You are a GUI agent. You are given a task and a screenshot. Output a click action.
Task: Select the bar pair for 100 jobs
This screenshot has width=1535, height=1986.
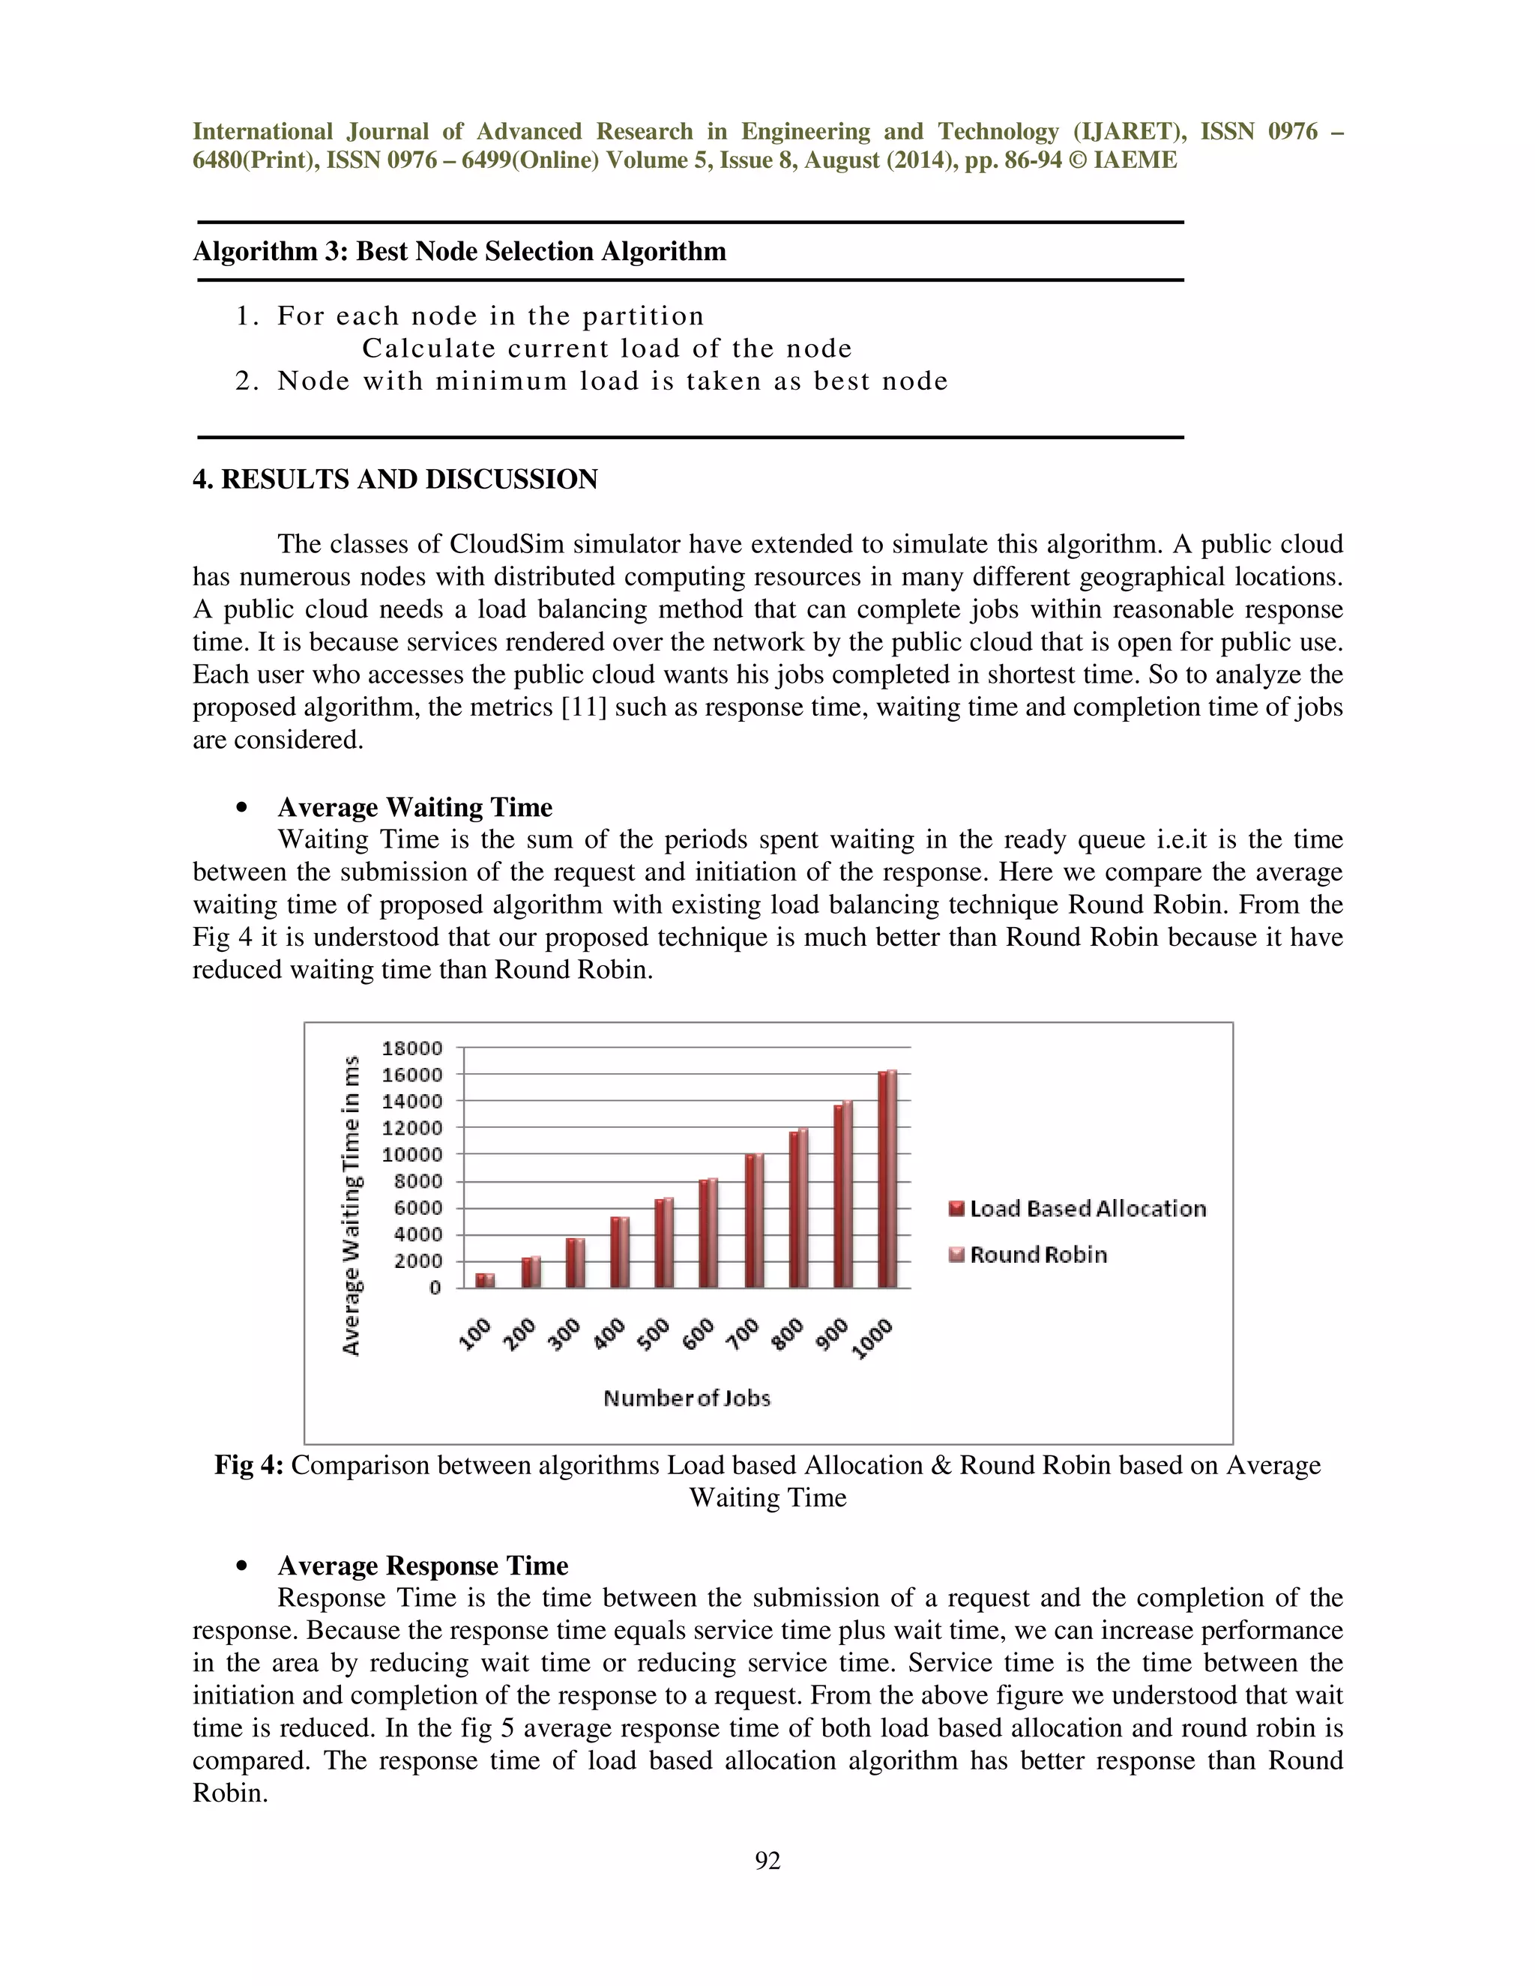486,1279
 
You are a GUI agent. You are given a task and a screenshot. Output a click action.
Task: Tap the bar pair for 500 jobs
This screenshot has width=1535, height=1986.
665,1242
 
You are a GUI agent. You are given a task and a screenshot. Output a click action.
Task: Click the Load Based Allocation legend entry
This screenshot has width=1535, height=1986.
1078,1209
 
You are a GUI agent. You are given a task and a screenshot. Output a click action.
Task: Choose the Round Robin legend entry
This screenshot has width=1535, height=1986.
1028,1255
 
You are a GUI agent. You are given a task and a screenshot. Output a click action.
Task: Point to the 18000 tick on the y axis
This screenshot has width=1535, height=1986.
412,1048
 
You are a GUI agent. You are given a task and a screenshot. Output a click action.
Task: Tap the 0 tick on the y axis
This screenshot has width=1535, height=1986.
435,1288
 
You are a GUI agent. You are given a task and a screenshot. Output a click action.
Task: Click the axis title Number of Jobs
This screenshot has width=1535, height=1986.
687,1398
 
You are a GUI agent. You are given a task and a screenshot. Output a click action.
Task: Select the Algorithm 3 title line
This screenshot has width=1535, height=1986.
459,251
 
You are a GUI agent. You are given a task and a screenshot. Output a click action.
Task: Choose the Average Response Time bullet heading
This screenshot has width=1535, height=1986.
423,1565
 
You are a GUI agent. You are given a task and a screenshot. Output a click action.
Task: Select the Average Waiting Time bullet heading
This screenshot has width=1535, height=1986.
414,806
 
